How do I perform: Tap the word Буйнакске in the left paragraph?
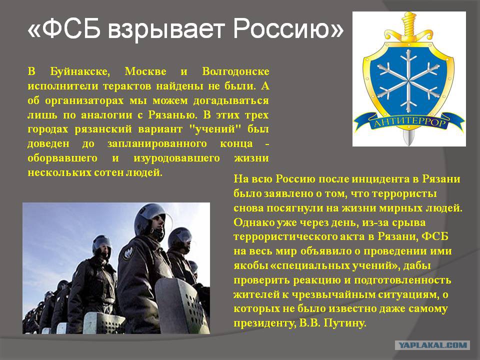coord(79,71)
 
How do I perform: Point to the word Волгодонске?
coord(235,71)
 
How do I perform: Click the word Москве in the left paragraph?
coord(145,71)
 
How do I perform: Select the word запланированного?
coord(157,144)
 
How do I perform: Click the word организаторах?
coord(84,101)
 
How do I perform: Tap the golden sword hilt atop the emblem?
coord(409,27)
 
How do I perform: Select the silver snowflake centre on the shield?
coord(408,81)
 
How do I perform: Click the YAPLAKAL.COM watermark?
coord(432,345)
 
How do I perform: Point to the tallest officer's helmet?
coord(150,216)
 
